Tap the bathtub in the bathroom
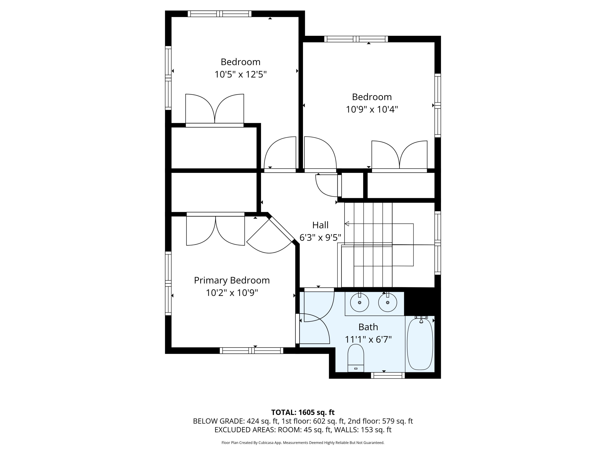click(x=420, y=344)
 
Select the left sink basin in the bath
click(x=359, y=302)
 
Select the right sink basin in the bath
click(x=387, y=302)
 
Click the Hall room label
click(x=320, y=225)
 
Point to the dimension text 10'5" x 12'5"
click(x=240, y=74)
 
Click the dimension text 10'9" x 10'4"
click(x=371, y=109)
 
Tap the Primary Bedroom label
click(x=232, y=280)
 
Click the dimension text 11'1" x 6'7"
click(x=368, y=340)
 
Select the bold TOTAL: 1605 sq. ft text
click(x=303, y=412)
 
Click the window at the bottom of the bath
click(x=388, y=376)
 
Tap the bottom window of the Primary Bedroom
click(x=251, y=350)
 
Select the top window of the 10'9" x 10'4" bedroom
click(x=356, y=39)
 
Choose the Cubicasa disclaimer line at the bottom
click(x=303, y=443)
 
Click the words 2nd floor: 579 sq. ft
click(x=380, y=421)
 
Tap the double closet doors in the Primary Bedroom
click(x=215, y=230)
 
